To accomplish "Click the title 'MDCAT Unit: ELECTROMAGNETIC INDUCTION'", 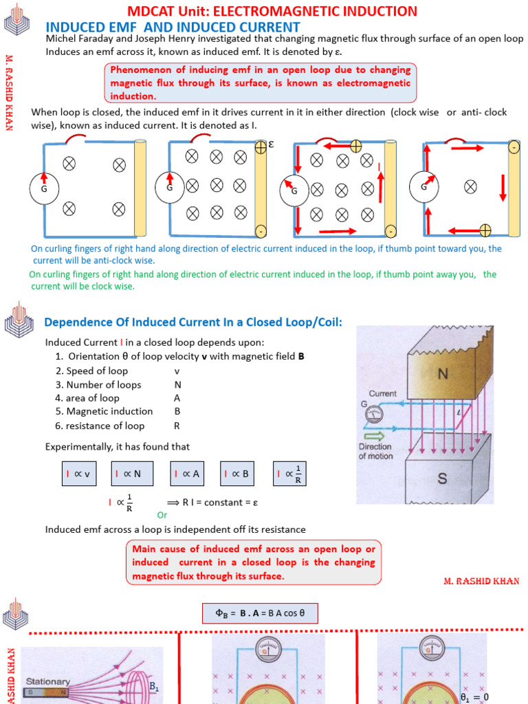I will (x=272, y=11).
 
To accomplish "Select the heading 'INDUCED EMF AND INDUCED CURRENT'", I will (x=173, y=27).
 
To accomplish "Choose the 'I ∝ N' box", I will (x=132, y=474).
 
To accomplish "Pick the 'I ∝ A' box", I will (x=190, y=474).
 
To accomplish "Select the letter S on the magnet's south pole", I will (x=443, y=478).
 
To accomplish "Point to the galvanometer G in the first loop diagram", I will (x=44, y=187).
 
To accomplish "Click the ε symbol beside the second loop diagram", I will (x=271, y=145).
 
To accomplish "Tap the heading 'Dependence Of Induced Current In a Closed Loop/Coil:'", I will (x=193, y=322).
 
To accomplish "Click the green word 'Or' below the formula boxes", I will (x=162, y=514).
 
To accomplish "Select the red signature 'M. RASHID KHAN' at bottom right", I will (x=480, y=581).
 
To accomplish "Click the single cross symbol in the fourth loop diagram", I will (x=470, y=186).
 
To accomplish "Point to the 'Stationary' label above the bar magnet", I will (x=48, y=681).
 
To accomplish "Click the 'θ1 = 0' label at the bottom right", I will (x=474, y=696).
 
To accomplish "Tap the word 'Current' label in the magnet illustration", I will (x=382, y=394).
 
